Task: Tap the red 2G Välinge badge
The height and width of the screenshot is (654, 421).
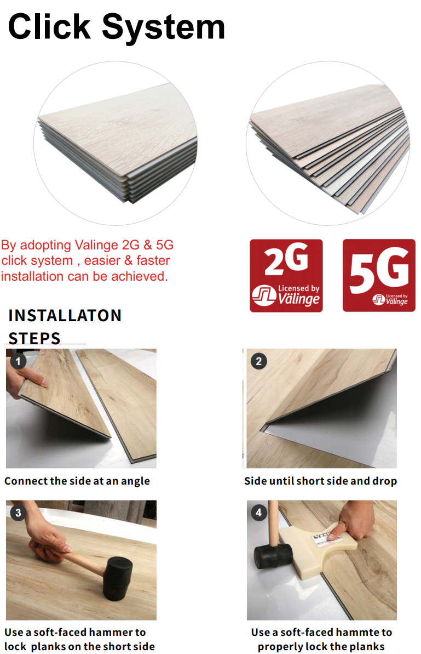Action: click(286, 275)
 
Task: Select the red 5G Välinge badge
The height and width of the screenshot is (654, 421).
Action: click(379, 275)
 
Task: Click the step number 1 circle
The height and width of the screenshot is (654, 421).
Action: click(18, 361)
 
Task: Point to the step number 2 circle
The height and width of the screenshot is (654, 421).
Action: click(258, 361)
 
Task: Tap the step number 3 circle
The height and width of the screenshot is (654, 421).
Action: click(18, 513)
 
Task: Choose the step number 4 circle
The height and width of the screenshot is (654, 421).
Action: click(258, 513)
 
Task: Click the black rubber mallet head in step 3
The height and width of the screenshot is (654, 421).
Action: click(118, 577)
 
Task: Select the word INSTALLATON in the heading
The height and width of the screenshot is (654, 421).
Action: click(65, 316)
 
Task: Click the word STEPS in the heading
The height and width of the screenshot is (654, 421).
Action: click(34, 338)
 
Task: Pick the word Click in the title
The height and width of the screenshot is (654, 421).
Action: click(49, 27)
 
